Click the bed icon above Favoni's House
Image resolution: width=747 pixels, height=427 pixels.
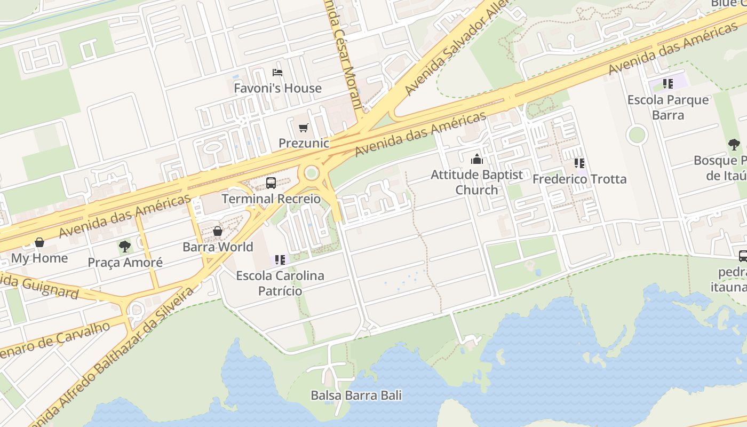point(277,73)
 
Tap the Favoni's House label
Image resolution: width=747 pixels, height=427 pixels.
point(277,88)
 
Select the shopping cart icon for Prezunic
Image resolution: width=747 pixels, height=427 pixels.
point(303,128)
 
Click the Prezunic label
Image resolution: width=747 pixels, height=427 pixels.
point(304,143)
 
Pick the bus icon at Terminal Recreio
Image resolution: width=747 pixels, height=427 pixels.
point(271,183)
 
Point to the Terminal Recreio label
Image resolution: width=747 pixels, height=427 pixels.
point(271,199)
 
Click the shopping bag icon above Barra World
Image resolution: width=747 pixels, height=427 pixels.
point(218,231)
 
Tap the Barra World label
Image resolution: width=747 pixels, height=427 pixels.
point(218,247)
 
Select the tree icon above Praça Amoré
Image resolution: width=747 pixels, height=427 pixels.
point(125,247)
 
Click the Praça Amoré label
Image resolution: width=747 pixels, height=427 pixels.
point(125,263)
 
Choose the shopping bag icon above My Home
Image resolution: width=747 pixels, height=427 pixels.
point(39,242)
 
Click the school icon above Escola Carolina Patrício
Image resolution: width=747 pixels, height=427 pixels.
point(280,260)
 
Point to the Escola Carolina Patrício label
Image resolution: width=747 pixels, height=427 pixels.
point(280,283)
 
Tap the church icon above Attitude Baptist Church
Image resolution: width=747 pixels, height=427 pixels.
point(476,159)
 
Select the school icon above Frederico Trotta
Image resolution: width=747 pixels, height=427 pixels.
point(579,163)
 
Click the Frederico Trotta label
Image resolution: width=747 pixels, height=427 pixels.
point(579,179)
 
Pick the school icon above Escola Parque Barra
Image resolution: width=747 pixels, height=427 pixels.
point(668,84)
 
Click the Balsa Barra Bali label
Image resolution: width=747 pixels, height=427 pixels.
point(356,396)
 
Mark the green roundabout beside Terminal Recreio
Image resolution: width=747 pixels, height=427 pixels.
point(312,173)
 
